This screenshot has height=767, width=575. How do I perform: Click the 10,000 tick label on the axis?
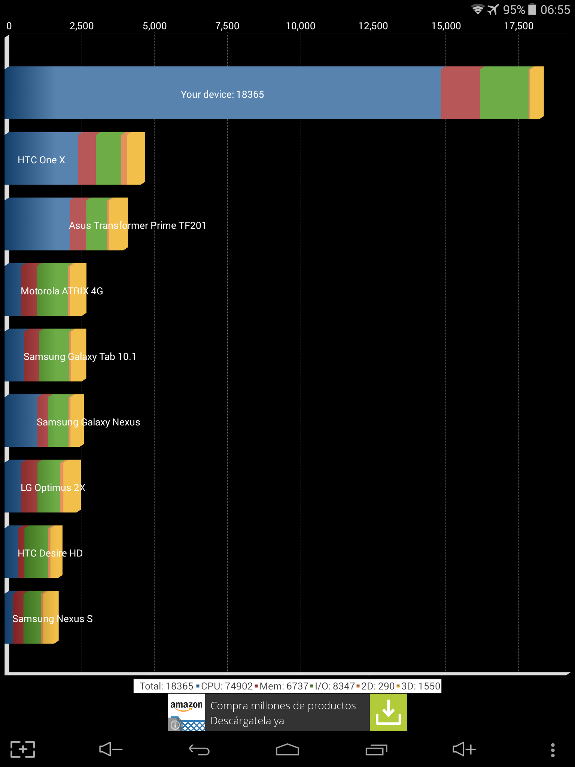(300, 26)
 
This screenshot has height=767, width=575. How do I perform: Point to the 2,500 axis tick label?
(82, 26)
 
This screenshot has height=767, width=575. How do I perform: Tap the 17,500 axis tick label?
(518, 26)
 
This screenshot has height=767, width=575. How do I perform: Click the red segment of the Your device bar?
(460, 93)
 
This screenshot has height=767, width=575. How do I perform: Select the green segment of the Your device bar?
(504, 93)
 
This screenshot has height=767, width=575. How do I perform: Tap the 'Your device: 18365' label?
(222, 94)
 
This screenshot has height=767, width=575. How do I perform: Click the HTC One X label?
(42, 160)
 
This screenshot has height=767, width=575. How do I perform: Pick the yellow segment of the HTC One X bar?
(136, 158)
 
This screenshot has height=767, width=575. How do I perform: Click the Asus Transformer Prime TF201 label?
(137, 225)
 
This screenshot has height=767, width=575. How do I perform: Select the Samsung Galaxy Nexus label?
(88, 422)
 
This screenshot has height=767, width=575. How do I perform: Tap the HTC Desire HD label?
(50, 553)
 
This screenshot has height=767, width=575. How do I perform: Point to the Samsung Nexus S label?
(52, 619)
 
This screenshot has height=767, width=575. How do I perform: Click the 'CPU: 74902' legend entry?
(226, 686)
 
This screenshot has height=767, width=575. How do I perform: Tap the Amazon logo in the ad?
(186, 706)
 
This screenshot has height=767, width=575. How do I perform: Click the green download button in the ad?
(388, 712)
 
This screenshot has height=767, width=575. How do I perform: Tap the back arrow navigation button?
(199, 750)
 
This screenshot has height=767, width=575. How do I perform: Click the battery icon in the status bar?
(532, 9)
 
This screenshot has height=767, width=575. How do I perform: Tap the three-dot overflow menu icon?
(553, 750)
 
